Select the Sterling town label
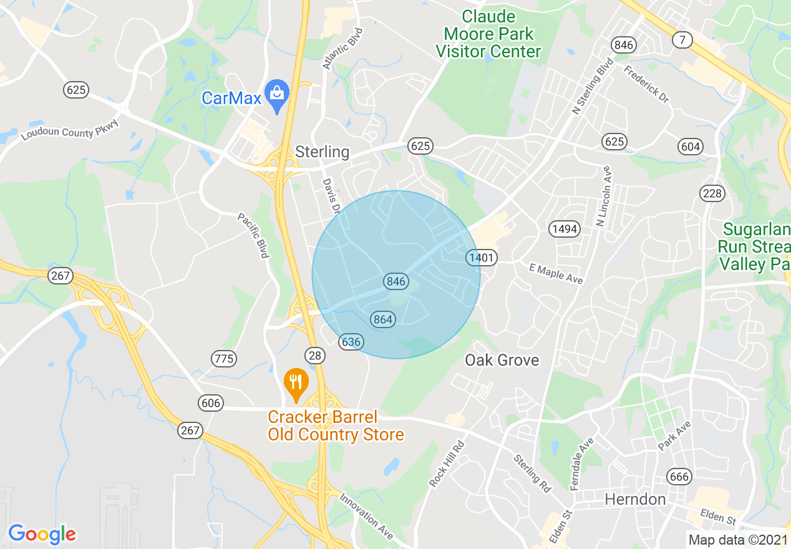click(322, 152)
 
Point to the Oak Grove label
click(502, 360)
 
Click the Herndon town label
click(635, 499)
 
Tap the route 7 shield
click(682, 40)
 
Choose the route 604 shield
click(691, 147)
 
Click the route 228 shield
click(712, 193)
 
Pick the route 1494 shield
click(565, 229)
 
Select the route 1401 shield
click(481, 257)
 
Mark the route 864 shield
click(382, 319)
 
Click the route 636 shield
click(351, 342)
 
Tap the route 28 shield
click(315, 356)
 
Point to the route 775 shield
click(224, 358)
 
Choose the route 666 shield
click(679, 477)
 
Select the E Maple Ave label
click(555, 273)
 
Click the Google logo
click(42, 534)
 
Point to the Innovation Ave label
click(366, 517)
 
